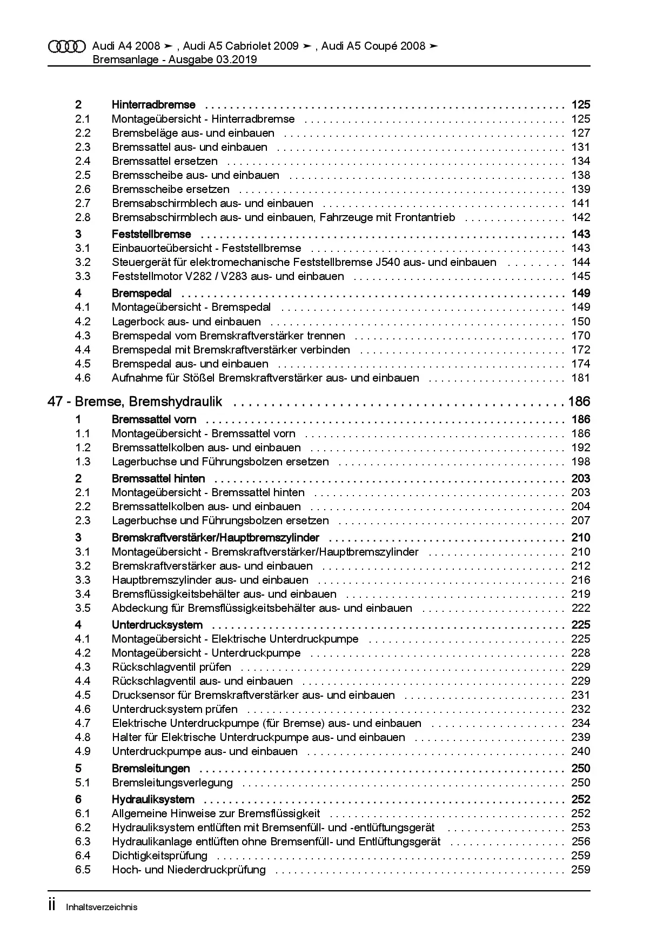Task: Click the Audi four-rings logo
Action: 67,47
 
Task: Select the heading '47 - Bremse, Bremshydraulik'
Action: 135,402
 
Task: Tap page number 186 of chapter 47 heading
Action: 579,402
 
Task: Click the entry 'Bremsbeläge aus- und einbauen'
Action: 193,133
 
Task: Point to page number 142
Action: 581,217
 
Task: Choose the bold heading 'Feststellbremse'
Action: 151,234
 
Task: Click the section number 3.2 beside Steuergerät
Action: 83,262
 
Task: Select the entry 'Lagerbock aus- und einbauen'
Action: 186,322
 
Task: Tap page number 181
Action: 581,378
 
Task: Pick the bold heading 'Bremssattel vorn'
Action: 154,419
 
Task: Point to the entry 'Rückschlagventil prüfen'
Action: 171,667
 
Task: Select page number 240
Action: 581,751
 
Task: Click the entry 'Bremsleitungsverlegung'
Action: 172,783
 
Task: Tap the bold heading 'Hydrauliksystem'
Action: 153,799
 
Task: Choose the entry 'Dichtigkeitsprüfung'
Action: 159,856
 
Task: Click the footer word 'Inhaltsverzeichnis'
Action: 102,907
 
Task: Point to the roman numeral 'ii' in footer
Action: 52,906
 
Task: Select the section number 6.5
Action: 83,870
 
